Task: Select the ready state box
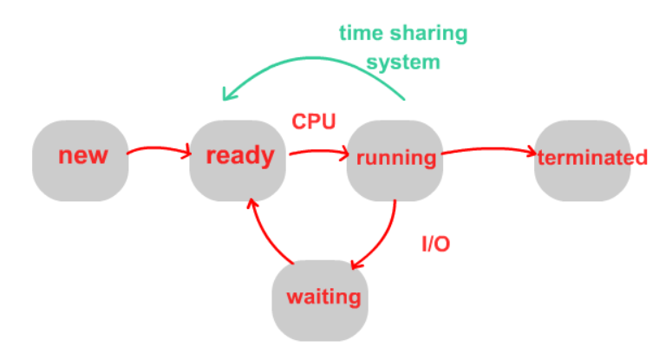tap(238, 160)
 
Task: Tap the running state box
tap(395, 160)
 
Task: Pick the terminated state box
tap(583, 160)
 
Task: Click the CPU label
tap(313, 121)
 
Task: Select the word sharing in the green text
tap(427, 35)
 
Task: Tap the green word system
tap(403, 62)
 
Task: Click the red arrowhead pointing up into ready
tap(251, 204)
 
